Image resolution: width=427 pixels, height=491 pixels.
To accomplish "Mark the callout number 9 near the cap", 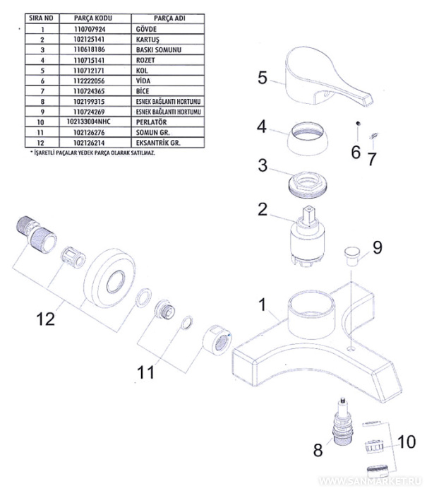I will (378, 247).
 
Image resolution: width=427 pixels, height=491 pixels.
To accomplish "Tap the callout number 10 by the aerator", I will (408, 443).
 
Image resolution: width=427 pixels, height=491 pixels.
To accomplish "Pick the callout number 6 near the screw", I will (356, 152).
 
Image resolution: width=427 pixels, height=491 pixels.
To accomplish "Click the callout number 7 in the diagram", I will (371, 157).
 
